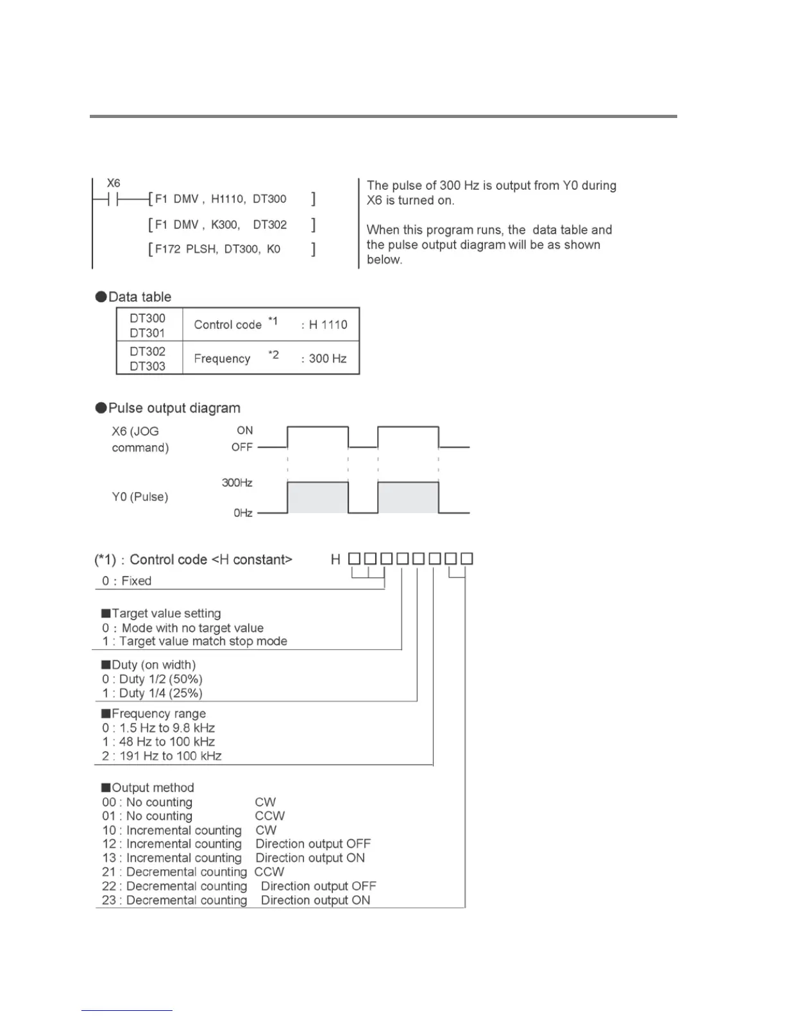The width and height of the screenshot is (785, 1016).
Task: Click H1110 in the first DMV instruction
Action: click(x=227, y=199)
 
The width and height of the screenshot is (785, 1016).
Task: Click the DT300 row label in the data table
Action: click(x=148, y=318)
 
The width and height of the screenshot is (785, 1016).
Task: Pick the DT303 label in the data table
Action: click(x=148, y=366)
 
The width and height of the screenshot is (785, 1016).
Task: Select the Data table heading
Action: click(x=139, y=297)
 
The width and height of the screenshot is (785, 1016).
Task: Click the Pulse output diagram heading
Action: click(x=174, y=409)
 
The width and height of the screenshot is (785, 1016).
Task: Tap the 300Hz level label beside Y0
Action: click(x=237, y=483)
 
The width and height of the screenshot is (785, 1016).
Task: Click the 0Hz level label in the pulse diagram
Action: click(x=242, y=513)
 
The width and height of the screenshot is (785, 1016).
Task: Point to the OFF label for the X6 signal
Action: click(x=242, y=447)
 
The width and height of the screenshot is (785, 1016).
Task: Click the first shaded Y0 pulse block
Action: click(x=317, y=498)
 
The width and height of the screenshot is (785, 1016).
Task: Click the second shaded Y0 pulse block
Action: click(x=408, y=498)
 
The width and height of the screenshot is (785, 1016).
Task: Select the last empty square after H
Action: click(x=467, y=559)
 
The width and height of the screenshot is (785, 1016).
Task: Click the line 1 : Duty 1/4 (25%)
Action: click(x=152, y=693)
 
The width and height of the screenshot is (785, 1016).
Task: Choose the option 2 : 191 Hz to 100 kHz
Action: click(x=162, y=756)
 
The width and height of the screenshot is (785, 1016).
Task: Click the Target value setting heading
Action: click(x=165, y=614)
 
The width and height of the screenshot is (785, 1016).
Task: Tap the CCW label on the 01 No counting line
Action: click(x=270, y=816)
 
